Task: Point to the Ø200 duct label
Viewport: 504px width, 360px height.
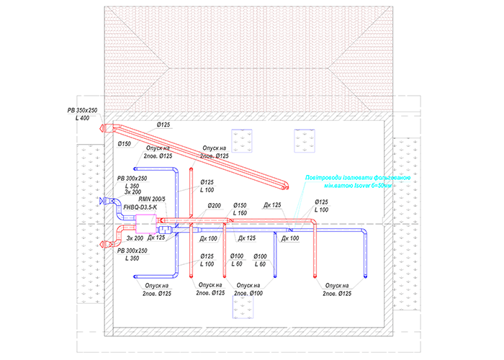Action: click(x=215, y=206)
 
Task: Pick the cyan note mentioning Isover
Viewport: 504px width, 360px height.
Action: click(x=358, y=181)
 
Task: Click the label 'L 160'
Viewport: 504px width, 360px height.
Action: click(x=239, y=213)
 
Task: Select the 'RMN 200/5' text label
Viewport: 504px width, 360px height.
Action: click(x=152, y=199)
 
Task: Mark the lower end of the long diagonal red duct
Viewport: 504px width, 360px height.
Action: click(x=286, y=189)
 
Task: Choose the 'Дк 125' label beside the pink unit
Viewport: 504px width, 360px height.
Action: click(x=156, y=237)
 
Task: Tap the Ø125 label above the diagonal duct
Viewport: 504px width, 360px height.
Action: click(x=163, y=125)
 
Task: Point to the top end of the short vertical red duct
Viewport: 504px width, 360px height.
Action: click(x=191, y=171)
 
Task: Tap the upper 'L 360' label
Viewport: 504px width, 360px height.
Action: click(x=132, y=186)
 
